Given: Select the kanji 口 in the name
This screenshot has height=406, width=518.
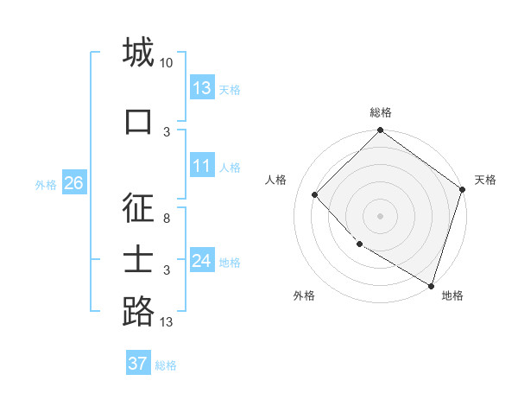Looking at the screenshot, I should point(138,121).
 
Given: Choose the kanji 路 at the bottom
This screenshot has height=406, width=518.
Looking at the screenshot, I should point(138,311).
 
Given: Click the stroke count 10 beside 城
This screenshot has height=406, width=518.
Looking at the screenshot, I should point(167,63).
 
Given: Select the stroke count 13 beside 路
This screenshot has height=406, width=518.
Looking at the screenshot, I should point(167,322).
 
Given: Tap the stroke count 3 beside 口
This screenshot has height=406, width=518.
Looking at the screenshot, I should point(167,132).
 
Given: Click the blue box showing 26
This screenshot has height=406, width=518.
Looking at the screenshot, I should point(73,183).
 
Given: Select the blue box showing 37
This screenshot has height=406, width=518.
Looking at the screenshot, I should point(137,364).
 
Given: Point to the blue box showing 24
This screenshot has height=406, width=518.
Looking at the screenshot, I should point(202,261).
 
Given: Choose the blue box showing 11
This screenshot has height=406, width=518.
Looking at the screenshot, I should point(202,166).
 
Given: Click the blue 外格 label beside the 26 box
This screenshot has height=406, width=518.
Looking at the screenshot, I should point(46,184).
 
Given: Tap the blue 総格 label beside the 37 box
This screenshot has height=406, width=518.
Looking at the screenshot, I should point(166,365).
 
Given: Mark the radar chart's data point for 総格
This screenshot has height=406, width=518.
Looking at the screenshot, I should point(380,131).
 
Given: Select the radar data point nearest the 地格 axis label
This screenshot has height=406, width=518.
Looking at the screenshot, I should point(431,284).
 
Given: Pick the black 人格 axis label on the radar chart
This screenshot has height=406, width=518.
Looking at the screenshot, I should point(276,180).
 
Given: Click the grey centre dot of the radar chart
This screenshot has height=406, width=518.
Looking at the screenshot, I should point(380,215).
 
